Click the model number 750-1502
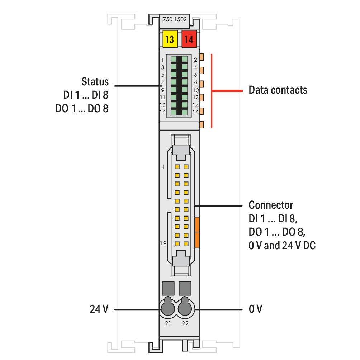coord(175,19)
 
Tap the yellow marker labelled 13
coord(170,39)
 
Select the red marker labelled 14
coord(189,39)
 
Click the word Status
coord(95,82)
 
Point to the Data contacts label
coord(278,90)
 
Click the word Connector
coord(271,205)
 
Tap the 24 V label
coord(99,309)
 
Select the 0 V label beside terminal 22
coord(255,309)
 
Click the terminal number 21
coord(168,323)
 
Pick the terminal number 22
coord(185,323)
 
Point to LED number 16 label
coord(196,113)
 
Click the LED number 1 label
coord(162,60)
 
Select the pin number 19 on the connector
coord(163,243)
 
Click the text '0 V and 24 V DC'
coord(282,245)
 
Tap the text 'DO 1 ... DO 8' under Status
coord(82,109)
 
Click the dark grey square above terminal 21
coord(168,288)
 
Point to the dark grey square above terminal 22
coord(185,288)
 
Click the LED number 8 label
coord(196,82)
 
